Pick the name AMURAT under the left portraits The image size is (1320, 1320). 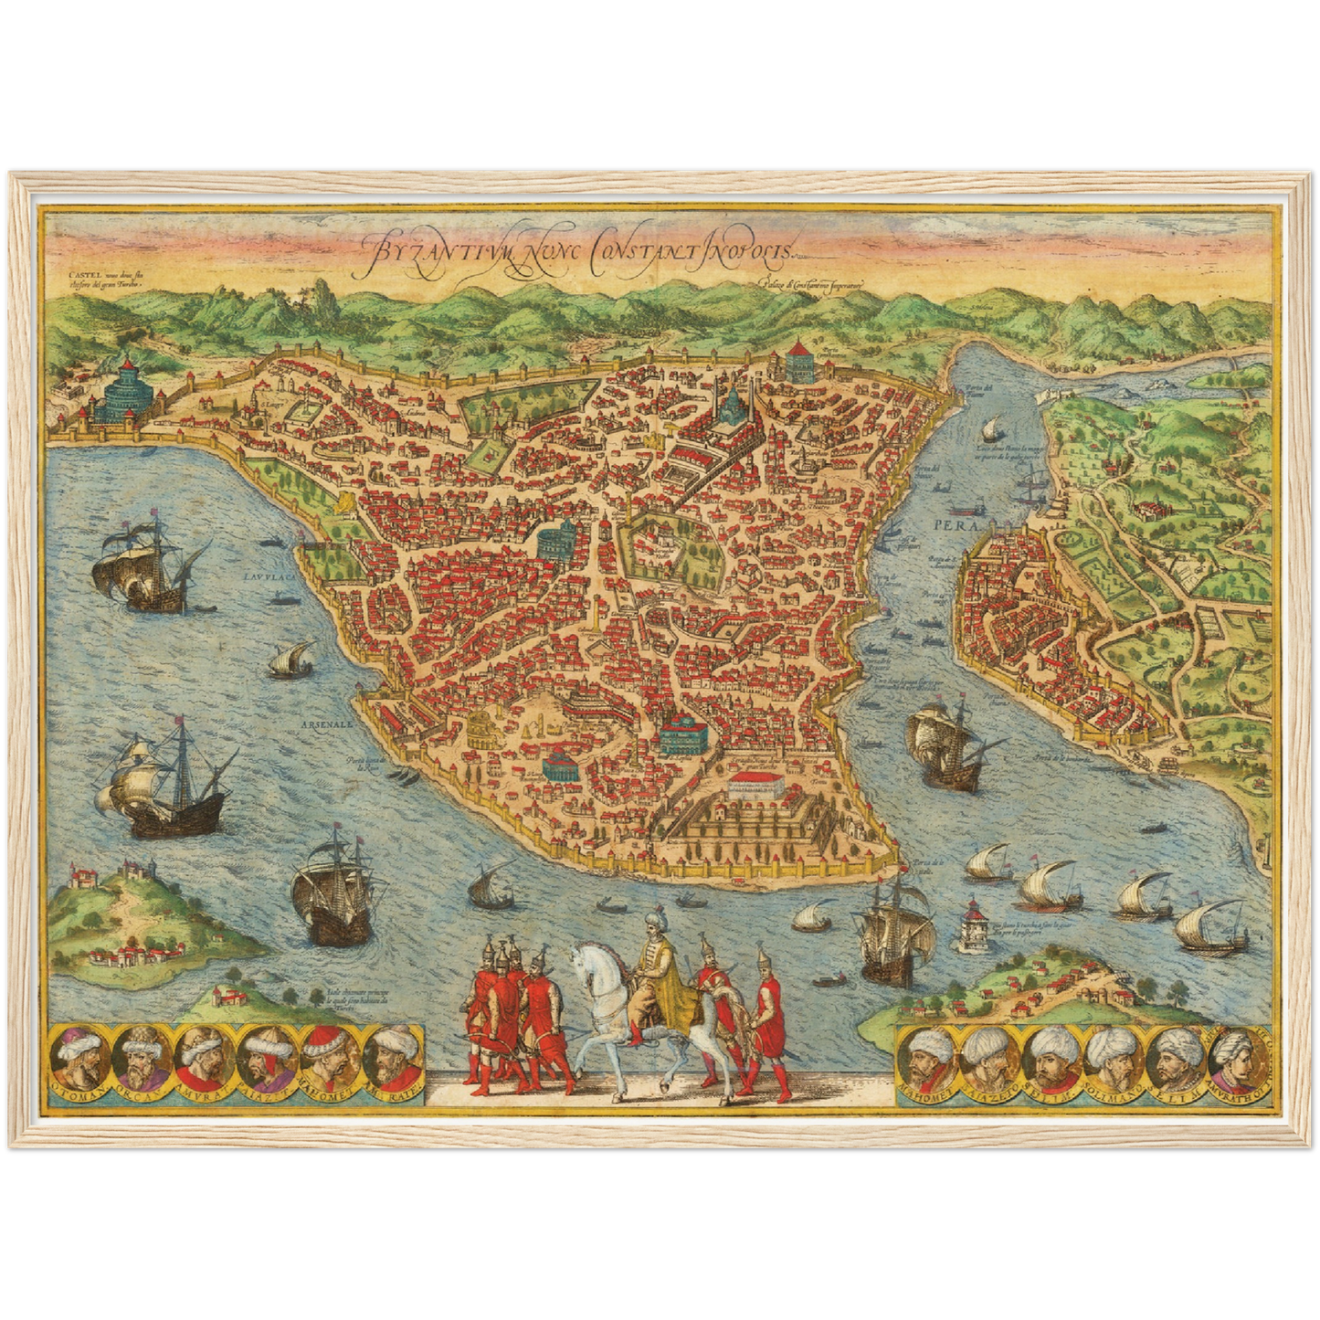pos(205,1096)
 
